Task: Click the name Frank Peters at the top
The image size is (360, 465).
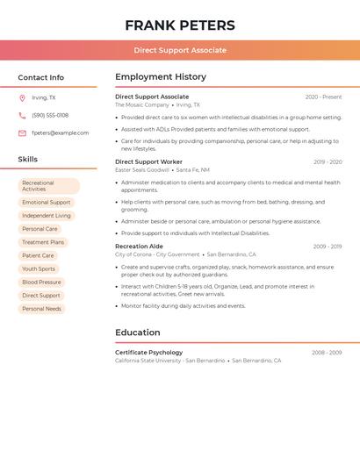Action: [x=180, y=25]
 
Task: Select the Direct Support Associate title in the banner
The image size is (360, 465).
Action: [x=180, y=50]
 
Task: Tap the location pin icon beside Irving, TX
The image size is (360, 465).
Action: [x=22, y=98]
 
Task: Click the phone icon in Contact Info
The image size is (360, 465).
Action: [x=22, y=115]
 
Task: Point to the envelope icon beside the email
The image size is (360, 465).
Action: [x=22, y=133]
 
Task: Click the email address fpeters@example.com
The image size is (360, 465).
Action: [x=60, y=133]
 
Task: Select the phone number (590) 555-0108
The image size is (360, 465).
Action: [x=50, y=115]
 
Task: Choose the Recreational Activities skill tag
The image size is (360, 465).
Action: [x=48, y=186]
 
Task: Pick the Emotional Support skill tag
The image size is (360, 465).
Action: [x=47, y=202]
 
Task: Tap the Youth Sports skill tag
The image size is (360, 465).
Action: [x=39, y=268]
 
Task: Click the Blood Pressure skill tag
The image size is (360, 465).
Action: [x=41, y=283]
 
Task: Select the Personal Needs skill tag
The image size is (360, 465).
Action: [x=41, y=309]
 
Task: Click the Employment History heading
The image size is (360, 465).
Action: [x=161, y=77]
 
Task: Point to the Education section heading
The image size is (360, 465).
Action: [x=138, y=333]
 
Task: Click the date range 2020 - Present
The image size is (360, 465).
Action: [x=323, y=97]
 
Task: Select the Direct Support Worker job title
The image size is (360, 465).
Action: [x=148, y=161]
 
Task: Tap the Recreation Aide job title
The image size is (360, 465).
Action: [x=139, y=247]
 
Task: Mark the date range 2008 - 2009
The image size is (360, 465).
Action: [x=327, y=353]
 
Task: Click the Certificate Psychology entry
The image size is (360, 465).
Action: [x=149, y=353]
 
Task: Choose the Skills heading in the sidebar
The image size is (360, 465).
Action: [x=28, y=160]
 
